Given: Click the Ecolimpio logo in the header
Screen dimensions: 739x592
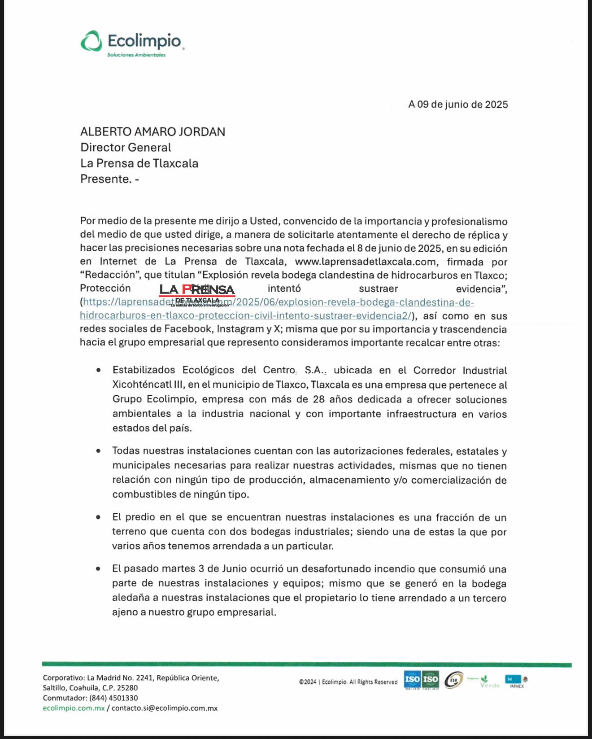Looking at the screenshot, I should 132,43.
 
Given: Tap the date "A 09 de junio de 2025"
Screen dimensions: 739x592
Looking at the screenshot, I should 458,105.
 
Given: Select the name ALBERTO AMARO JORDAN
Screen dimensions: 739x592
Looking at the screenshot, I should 152,132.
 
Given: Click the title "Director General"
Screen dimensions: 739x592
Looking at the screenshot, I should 126,148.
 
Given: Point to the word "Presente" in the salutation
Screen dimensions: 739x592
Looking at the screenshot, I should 105,179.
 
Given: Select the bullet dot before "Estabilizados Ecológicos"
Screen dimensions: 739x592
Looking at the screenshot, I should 98,370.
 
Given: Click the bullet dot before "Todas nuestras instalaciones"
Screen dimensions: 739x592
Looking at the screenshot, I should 98,450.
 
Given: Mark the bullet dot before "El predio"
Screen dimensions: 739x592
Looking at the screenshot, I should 98,517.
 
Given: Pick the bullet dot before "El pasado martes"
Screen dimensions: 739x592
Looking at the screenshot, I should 98,568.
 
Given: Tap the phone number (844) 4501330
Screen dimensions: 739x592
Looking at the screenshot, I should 113,698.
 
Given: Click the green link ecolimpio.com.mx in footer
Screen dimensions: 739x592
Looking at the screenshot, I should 74,708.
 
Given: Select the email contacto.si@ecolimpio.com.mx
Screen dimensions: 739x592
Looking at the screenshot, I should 165,708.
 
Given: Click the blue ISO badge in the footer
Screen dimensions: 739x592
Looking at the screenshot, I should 412,679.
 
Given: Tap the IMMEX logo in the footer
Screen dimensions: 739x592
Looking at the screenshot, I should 517,682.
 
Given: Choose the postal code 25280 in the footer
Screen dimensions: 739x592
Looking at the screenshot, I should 128,687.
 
